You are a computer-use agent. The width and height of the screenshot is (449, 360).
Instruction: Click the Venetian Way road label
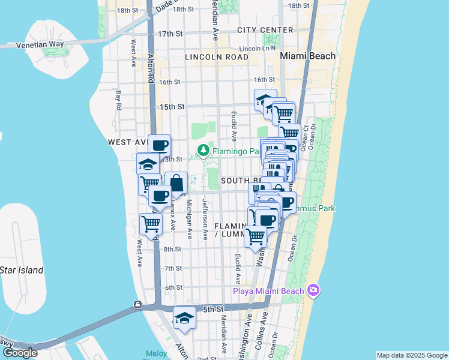click(x=40, y=44)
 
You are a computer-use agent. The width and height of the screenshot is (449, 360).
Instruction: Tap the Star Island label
click(x=22, y=270)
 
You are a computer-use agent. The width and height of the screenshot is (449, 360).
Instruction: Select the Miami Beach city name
click(x=307, y=56)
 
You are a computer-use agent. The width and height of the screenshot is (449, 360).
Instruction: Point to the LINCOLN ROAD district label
click(x=217, y=57)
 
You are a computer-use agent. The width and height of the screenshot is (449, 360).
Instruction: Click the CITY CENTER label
click(x=265, y=30)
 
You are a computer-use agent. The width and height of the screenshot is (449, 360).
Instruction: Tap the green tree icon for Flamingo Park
click(x=204, y=151)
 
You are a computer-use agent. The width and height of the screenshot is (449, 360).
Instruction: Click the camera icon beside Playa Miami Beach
click(x=313, y=291)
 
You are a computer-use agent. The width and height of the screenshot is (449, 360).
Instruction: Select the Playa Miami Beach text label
click(x=268, y=292)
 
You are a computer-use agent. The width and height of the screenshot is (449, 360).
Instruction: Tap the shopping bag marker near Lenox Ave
click(x=176, y=183)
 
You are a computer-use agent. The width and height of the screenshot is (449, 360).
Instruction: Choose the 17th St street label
click(x=170, y=34)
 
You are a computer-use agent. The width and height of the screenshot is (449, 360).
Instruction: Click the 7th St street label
click(x=173, y=268)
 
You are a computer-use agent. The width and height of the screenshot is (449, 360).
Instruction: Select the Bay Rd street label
click(x=119, y=101)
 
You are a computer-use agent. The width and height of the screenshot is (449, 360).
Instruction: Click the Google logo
click(x=19, y=353)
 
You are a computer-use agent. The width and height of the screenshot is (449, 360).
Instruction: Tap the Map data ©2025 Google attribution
click(x=411, y=355)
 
